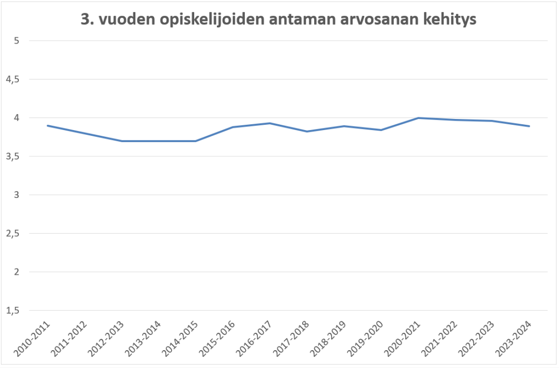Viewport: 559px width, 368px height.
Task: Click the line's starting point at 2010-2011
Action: [x=48, y=126]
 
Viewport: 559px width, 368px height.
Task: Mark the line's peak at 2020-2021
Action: [x=418, y=118]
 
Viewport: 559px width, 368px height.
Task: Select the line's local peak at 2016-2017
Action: [x=270, y=123]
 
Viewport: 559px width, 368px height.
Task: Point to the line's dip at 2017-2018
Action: [x=307, y=132]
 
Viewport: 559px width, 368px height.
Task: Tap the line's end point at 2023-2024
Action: [x=529, y=126]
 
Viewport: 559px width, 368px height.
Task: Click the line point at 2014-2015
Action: [x=196, y=141]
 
